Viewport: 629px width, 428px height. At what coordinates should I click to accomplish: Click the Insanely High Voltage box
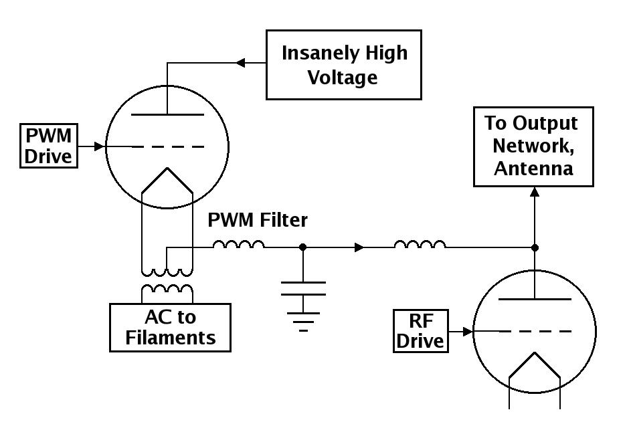(344, 64)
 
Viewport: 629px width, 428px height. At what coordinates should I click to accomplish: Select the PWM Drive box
(49, 146)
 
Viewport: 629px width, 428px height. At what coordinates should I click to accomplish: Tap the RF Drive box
(421, 331)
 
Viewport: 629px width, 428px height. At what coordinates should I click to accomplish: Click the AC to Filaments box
(170, 328)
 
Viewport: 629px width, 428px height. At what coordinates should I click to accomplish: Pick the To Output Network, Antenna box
(533, 146)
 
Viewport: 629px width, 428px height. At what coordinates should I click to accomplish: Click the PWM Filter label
(258, 220)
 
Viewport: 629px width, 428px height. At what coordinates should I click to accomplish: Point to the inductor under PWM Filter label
(239, 245)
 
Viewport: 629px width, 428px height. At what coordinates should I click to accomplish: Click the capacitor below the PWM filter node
(303, 288)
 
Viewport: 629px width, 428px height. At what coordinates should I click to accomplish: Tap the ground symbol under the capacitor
(303, 322)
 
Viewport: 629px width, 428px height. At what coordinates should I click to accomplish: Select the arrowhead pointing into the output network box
(535, 191)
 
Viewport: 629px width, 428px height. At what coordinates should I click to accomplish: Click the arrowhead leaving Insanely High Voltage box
(240, 63)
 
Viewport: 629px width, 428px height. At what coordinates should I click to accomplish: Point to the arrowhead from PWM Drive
(99, 146)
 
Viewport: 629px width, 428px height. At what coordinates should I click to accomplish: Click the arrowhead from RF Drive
(468, 332)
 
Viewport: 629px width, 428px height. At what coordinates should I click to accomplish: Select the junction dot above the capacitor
(303, 247)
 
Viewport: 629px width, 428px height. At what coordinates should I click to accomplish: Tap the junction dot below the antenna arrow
(535, 247)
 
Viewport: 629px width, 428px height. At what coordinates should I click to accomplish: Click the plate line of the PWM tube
(167, 115)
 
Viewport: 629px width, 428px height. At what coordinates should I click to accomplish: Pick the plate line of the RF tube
(535, 299)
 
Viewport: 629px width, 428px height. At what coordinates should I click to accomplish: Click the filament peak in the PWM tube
(167, 169)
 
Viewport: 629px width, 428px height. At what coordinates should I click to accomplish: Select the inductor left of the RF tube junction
(420, 245)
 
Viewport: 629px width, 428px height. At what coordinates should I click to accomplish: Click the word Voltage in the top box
(343, 78)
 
